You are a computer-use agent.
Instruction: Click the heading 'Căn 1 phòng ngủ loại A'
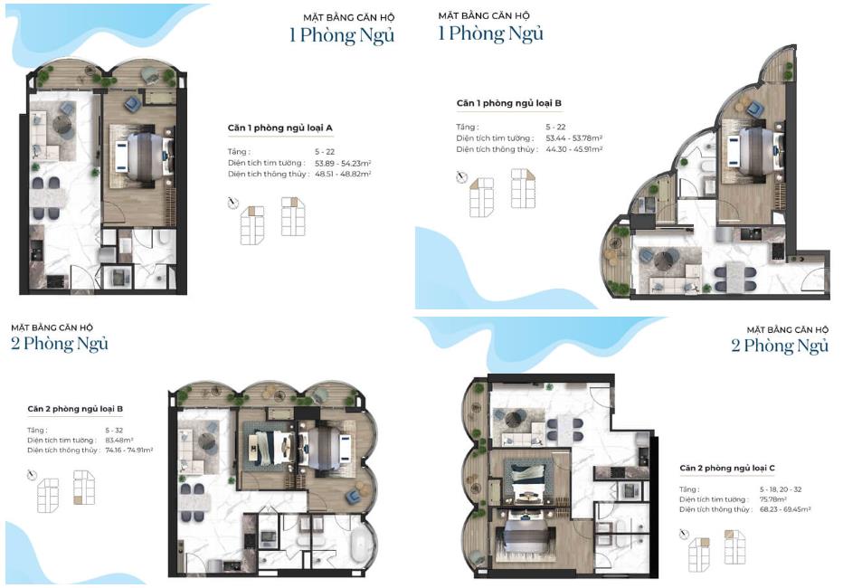coord(279,128)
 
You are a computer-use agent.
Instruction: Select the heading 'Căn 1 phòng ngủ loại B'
coord(508,103)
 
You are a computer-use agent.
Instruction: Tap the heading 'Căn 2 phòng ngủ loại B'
coord(75,409)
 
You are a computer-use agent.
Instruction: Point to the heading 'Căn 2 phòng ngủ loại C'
coord(726,468)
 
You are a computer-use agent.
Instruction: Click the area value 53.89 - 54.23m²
coord(343,164)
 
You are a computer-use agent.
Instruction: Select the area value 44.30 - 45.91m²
coord(574,149)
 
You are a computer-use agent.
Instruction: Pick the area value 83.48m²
coord(119,440)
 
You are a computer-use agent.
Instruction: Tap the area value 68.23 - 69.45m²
coord(785,510)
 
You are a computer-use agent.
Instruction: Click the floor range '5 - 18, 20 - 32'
coord(781,489)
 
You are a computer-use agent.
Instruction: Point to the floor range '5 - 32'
coord(114,430)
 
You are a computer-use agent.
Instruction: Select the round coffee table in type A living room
coord(64,127)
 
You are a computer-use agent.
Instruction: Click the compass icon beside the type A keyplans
coord(233,203)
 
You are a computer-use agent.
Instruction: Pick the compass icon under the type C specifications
coord(684,534)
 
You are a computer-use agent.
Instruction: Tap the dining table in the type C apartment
coord(564,429)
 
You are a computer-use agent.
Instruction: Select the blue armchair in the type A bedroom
coord(132,103)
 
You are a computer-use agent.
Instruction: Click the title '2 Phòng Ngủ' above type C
coord(780,346)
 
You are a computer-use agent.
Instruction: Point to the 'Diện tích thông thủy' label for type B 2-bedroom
coord(62,450)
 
